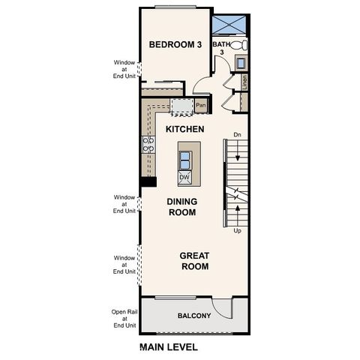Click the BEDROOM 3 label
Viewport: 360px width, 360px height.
click(175, 45)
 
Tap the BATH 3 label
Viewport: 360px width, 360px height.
click(221, 49)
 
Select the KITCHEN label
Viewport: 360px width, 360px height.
click(184, 129)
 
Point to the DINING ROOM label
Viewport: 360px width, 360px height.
click(181, 207)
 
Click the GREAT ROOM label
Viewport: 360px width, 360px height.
click(194, 261)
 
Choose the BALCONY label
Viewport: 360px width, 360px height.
click(193, 316)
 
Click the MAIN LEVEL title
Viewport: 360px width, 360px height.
click(169, 347)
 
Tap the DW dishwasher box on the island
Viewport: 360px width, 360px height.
click(184, 178)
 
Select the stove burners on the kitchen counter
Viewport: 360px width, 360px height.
click(148, 144)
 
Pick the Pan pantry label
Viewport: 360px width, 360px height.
click(200, 106)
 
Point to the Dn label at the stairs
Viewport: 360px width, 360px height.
click(237, 135)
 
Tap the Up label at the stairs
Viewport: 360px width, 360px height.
click(237, 231)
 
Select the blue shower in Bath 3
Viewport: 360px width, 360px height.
click(230, 25)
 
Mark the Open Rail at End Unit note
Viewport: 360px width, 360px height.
click(124, 319)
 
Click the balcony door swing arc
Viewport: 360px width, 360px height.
click(219, 306)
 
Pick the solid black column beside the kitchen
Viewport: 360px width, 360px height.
click(148, 181)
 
